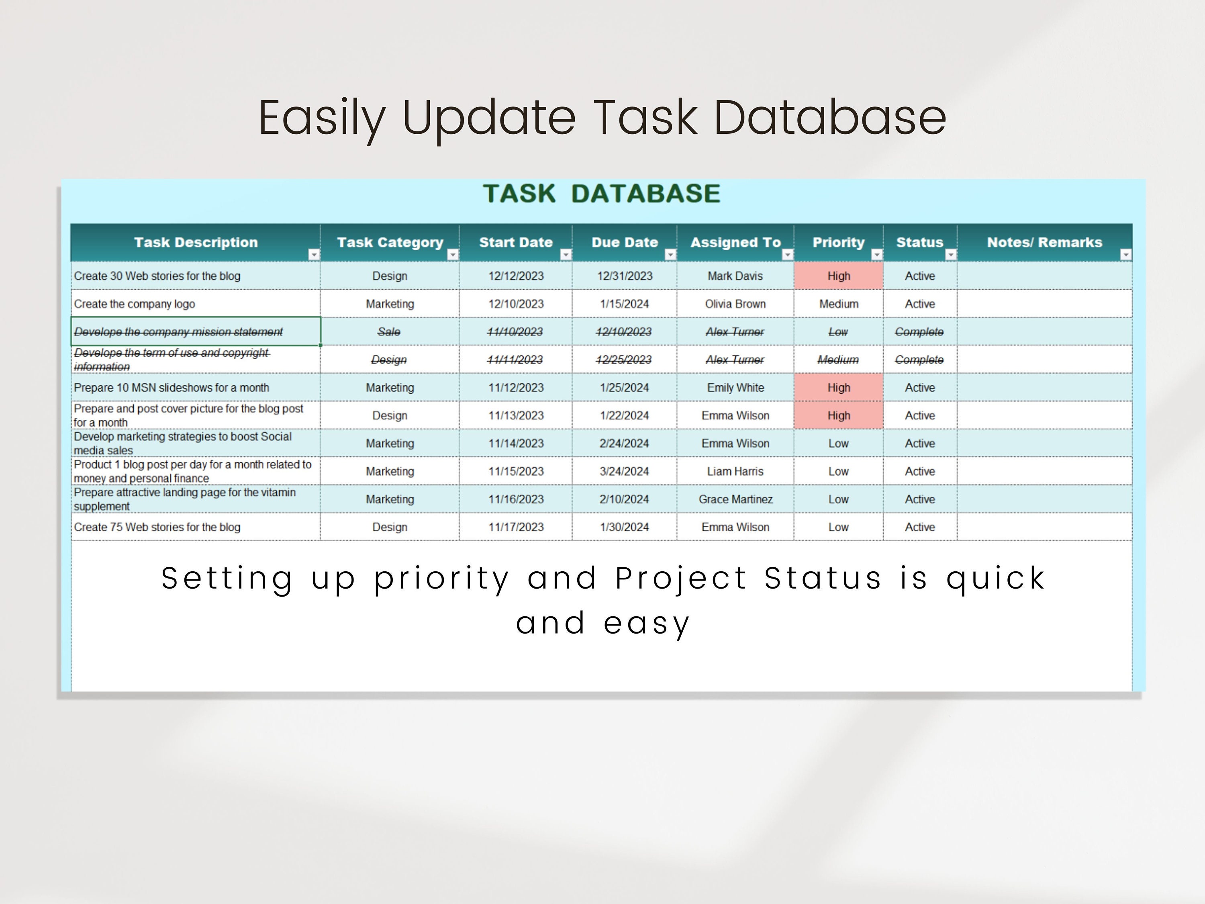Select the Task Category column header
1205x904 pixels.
pos(390,243)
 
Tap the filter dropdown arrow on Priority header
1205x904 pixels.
pos(876,254)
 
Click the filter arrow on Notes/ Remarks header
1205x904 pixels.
pos(1125,254)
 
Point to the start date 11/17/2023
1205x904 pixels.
pos(515,527)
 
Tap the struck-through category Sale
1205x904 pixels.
pos(389,332)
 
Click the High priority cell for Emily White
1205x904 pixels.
pos(838,387)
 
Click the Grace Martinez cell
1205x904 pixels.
pos(735,499)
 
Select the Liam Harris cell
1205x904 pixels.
pos(735,471)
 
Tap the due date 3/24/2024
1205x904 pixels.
pos(624,471)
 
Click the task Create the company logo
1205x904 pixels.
pos(135,304)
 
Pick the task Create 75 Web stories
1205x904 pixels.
pos(157,527)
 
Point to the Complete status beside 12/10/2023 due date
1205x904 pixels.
pos(919,332)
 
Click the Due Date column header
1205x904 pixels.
pos(624,243)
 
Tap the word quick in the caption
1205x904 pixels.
pos(995,578)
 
